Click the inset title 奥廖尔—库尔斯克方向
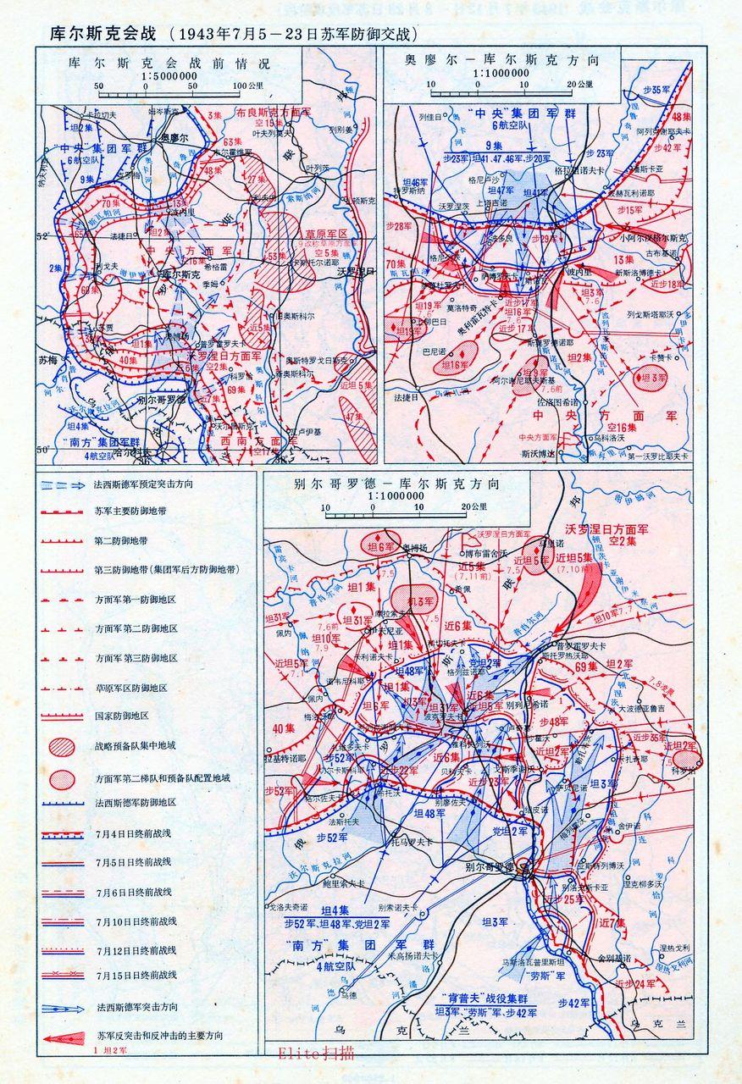click(501, 61)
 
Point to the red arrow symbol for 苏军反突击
click(64, 1037)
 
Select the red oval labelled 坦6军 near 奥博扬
click(379, 547)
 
